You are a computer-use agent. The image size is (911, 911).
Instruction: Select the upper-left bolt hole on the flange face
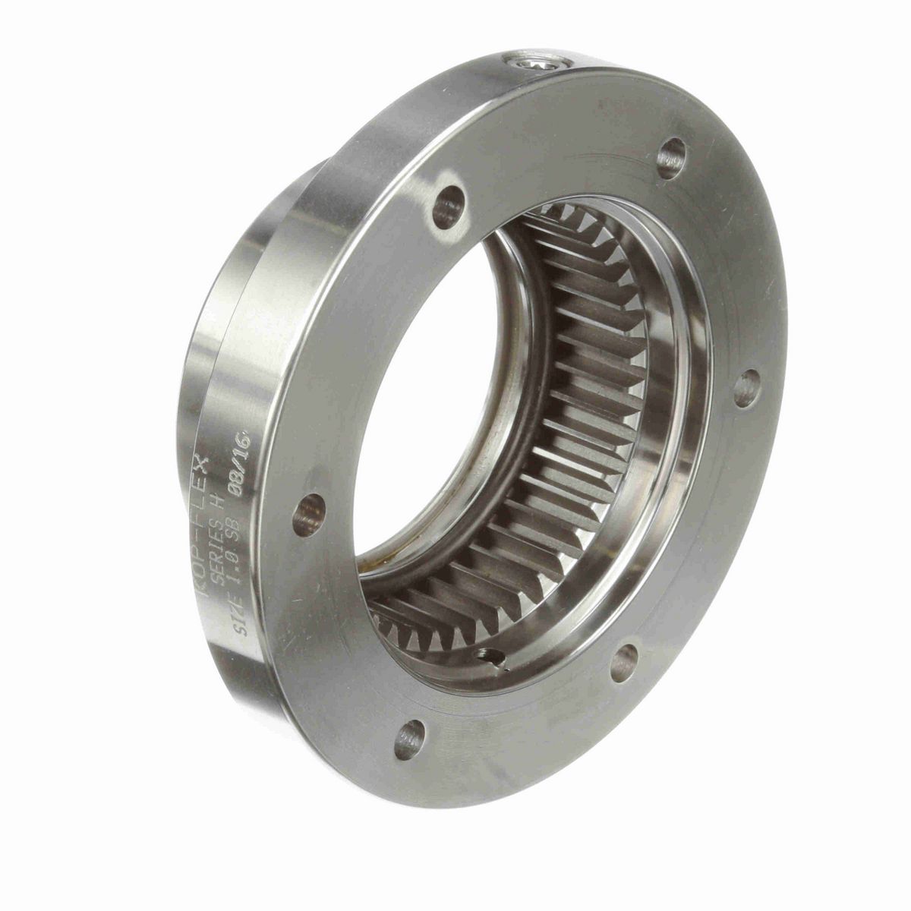click(x=449, y=206)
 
